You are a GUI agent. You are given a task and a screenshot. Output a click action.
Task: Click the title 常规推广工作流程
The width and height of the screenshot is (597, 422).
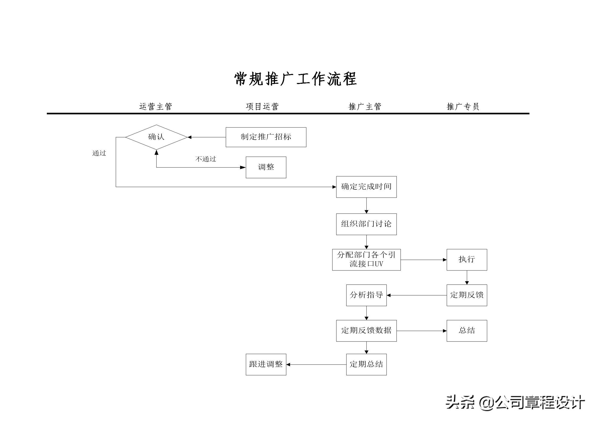point(295,79)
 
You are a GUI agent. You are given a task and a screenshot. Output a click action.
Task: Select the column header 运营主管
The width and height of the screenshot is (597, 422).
point(156,107)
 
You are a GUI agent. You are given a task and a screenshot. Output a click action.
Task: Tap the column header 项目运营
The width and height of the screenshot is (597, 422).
point(262,107)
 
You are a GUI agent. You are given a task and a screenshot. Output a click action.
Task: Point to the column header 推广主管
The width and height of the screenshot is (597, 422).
point(365,107)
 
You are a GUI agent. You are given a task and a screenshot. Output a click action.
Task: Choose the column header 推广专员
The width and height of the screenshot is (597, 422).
point(463,107)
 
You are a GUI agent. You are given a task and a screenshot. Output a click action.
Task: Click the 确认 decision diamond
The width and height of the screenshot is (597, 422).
point(156,137)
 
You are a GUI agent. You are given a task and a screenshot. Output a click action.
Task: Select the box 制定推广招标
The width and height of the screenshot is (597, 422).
point(266,137)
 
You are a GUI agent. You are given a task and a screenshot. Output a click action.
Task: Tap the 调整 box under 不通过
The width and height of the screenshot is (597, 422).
point(266,167)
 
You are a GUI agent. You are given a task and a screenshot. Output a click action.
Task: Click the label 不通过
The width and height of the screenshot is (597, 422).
point(206,159)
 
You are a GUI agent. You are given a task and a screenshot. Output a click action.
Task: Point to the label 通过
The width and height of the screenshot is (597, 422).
point(99,153)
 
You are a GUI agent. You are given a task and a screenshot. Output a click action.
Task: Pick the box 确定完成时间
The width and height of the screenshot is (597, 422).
point(366,187)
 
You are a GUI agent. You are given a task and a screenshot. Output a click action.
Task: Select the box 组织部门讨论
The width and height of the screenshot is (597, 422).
point(366,224)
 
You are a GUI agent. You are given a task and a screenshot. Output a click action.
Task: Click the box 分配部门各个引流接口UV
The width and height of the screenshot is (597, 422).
point(366,260)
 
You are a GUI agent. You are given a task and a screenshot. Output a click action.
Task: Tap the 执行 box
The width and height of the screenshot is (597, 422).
point(467,260)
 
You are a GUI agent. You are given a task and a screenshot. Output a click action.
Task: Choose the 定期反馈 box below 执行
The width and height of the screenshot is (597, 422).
point(467,295)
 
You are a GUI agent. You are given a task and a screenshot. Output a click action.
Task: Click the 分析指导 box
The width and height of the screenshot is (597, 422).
point(366,295)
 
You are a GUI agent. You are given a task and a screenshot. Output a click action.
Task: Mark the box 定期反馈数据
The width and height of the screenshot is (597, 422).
point(366,331)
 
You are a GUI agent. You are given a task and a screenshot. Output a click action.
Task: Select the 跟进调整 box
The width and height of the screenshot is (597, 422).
point(266,365)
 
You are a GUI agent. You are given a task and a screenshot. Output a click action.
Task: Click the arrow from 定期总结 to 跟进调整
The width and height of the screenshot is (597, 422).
point(316,365)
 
